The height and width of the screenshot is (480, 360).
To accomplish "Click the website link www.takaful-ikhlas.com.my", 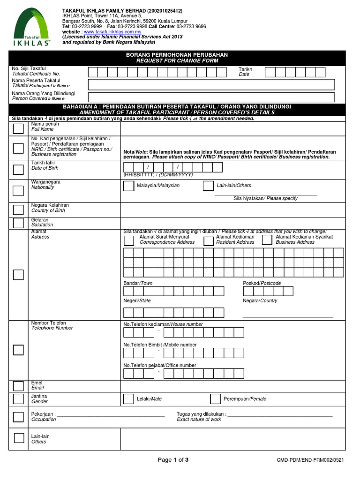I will [x=112, y=31].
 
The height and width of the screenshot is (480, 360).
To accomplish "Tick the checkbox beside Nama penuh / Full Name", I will [x=18, y=128].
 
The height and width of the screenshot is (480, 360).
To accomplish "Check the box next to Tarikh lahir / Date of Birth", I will [x=18, y=169].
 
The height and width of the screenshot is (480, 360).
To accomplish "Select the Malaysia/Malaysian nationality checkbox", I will [x=128, y=186].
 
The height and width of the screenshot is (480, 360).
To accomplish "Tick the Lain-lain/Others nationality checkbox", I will [x=208, y=186].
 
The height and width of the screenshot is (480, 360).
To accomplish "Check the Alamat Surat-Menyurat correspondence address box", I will [x=128, y=240].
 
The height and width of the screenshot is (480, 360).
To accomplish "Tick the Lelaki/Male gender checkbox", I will [x=128, y=399].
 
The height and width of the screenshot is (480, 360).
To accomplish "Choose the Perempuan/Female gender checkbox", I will [x=215, y=399].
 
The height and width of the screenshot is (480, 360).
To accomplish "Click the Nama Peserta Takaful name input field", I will [x=211, y=84].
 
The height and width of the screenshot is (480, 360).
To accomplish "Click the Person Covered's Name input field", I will [x=211, y=97].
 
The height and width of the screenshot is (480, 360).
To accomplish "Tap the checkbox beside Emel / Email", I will [x=18, y=386].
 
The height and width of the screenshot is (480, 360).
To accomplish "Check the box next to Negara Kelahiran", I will [x=18, y=209].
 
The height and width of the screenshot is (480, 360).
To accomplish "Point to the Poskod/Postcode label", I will [x=262, y=283].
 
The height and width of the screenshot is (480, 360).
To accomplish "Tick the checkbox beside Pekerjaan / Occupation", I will [x=18, y=417].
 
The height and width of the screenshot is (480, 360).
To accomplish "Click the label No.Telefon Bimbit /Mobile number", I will [x=160, y=345].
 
